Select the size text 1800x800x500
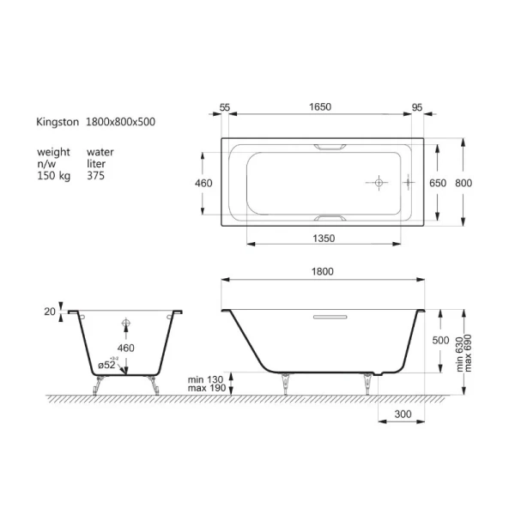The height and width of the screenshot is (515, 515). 120,123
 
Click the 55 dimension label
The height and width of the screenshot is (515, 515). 225,107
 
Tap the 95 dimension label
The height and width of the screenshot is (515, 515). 417,107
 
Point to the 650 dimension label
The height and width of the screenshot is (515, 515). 438,183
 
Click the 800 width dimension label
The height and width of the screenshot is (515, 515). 463,183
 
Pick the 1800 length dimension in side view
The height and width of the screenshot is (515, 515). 322,271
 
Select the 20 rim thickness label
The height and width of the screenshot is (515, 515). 50,312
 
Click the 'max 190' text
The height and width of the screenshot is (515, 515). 203,387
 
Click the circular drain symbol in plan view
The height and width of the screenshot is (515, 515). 378,183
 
